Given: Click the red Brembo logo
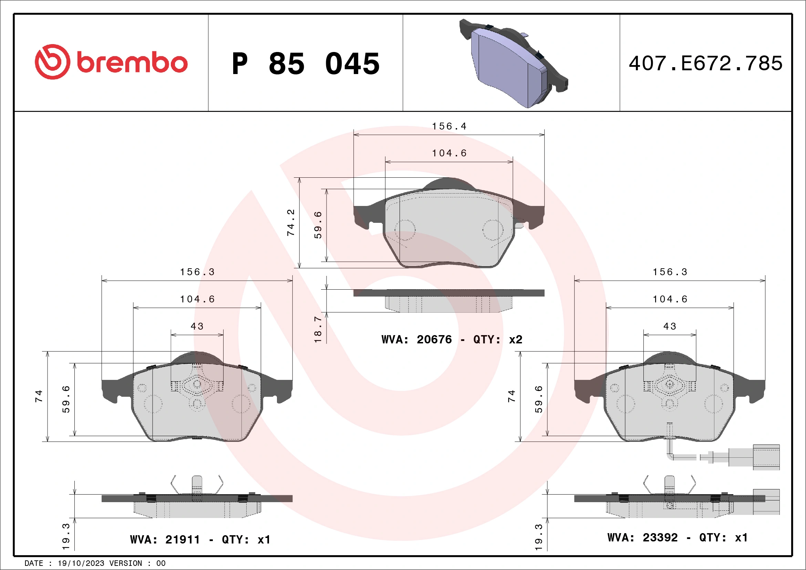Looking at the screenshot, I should [x=111, y=62].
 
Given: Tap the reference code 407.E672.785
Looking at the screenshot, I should [x=705, y=63].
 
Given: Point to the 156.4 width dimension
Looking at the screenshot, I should [x=449, y=126].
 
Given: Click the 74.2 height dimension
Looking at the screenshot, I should [x=291, y=222].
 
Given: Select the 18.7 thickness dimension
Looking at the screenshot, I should [x=318, y=329].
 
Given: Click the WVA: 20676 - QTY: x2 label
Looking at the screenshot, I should [x=452, y=339].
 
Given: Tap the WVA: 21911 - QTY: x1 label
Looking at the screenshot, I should [x=200, y=539].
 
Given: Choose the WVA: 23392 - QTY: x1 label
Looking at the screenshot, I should [x=677, y=537].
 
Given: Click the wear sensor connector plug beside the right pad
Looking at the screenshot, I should [x=766, y=457].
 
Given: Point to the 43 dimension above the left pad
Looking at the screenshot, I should [x=197, y=327].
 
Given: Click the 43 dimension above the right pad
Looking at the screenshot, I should [x=670, y=327].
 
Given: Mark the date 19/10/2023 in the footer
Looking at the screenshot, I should [x=81, y=563].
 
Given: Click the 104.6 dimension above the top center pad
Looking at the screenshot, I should [x=449, y=153].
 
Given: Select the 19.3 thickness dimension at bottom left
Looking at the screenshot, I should [x=66, y=536].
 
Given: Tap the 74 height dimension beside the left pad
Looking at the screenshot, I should [x=39, y=396].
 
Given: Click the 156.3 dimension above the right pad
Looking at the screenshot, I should [x=670, y=272].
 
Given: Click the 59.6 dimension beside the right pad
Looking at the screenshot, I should [x=538, y=400].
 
